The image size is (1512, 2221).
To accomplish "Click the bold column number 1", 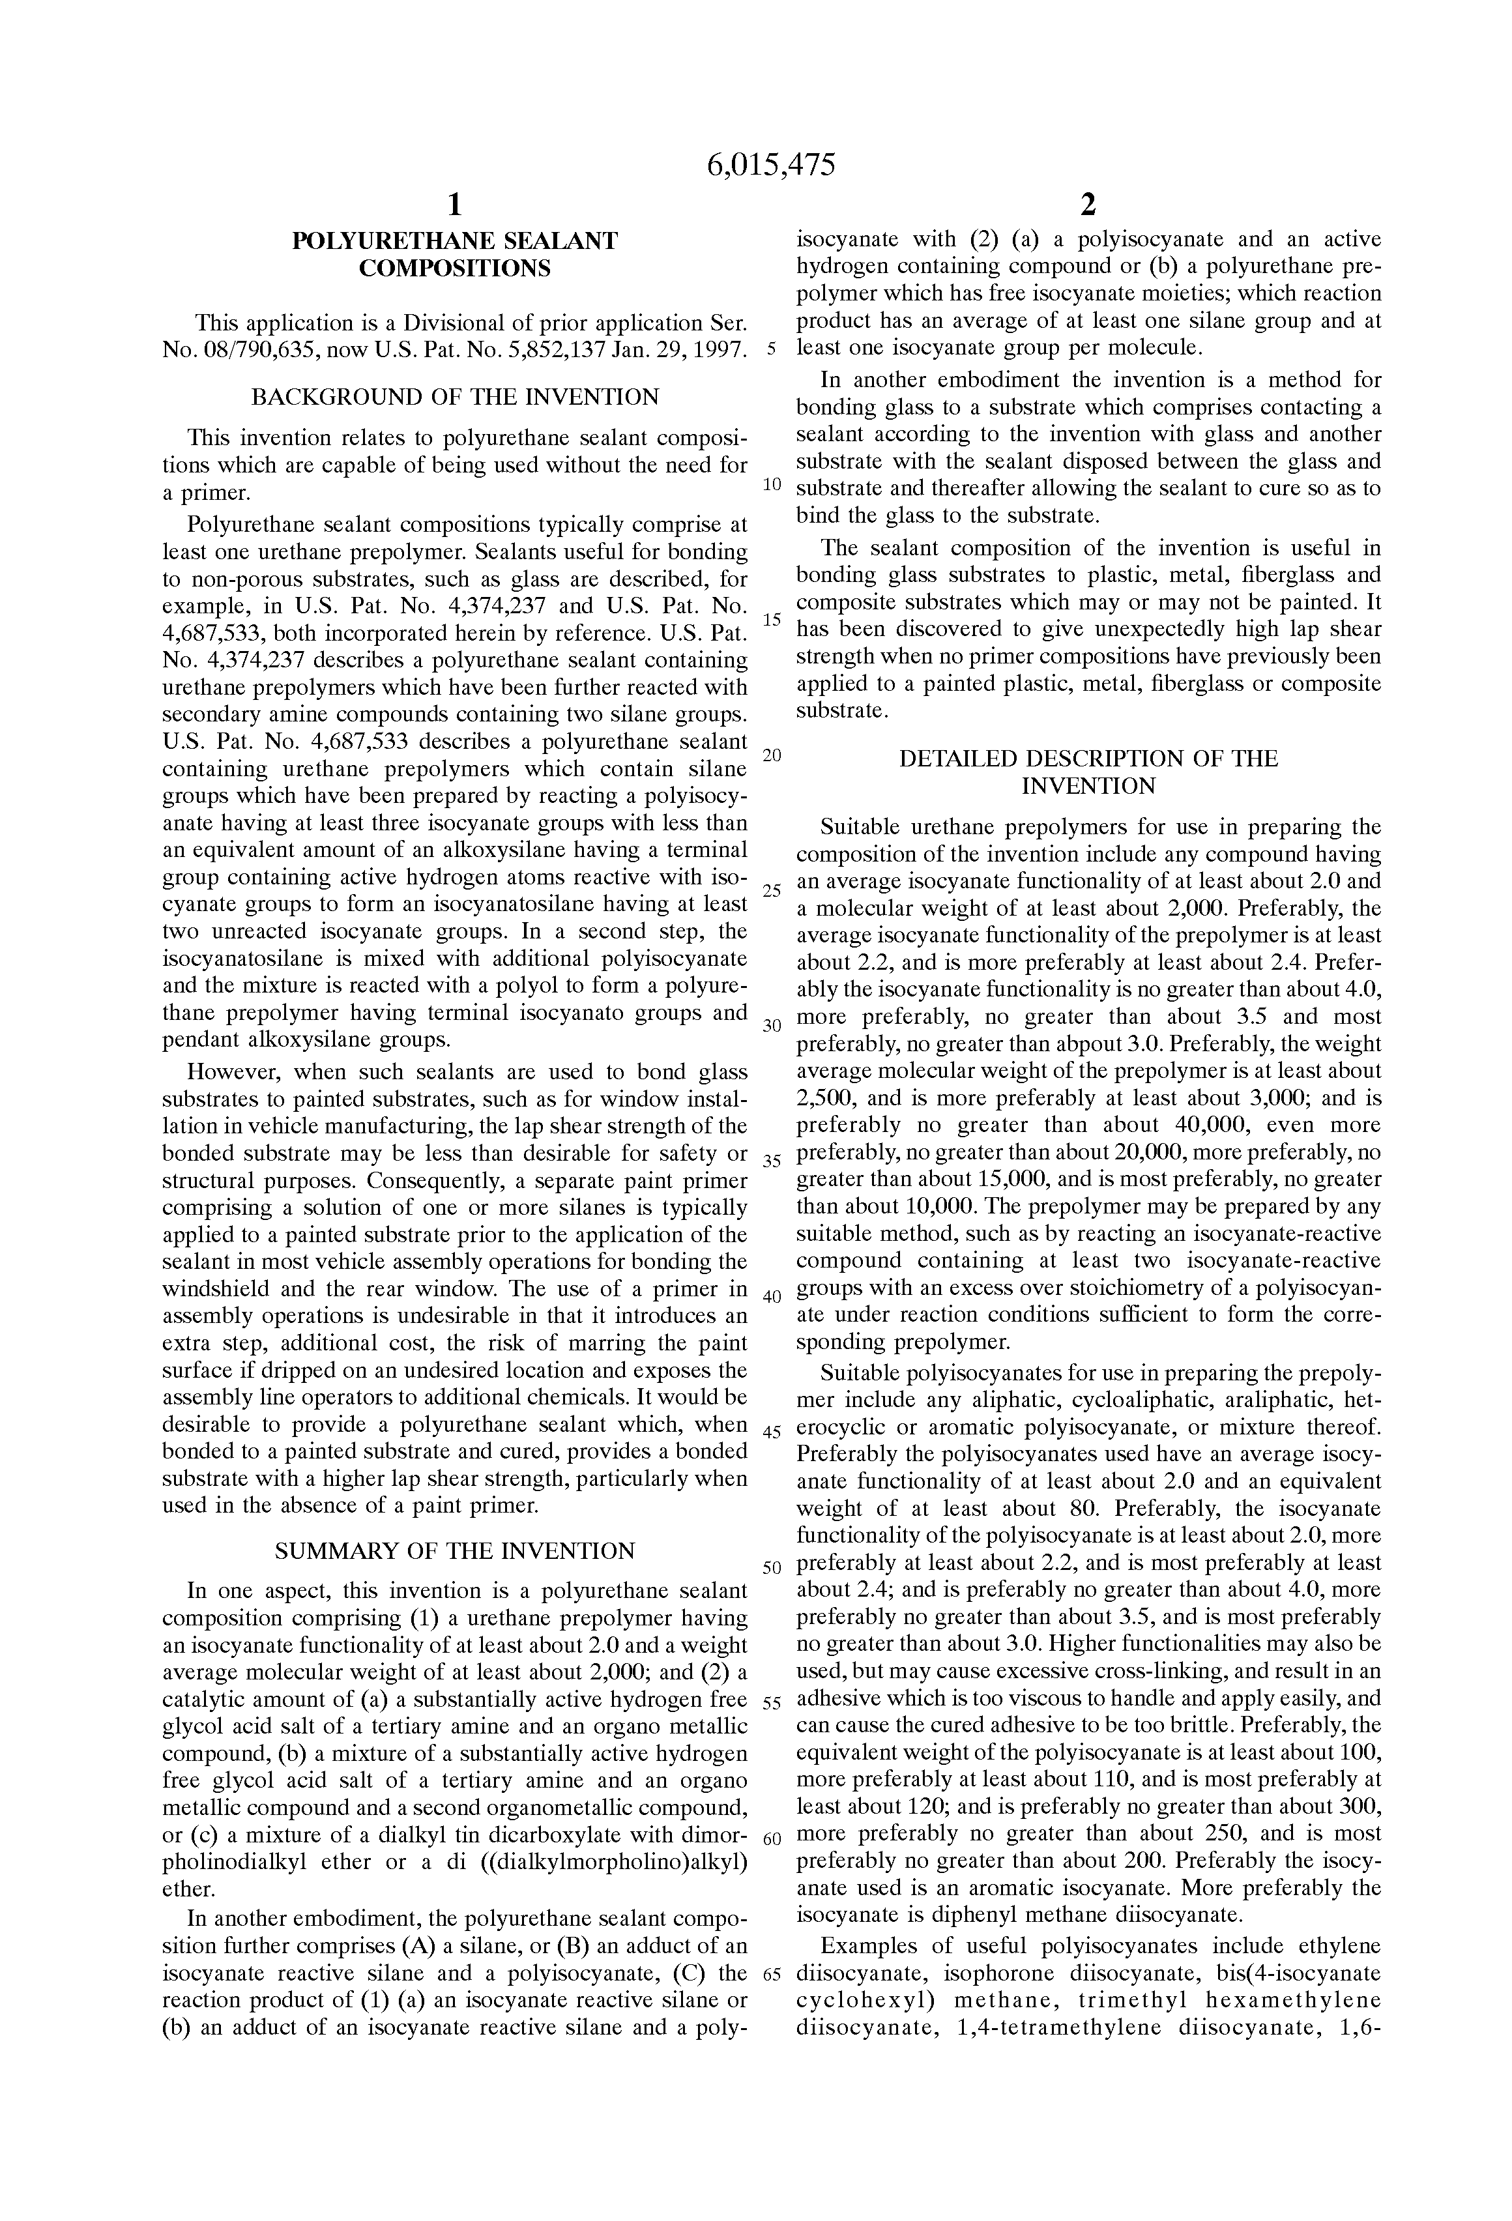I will (x=455, y=205).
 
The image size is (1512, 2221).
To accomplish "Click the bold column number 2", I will (x=1088, y=205).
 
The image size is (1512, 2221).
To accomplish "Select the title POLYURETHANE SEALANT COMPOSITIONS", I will (x=455, y=254).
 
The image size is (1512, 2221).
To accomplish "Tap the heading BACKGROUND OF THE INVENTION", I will (x=455, y=397).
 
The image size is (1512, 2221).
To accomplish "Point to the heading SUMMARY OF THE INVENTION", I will (x=455, y=1550).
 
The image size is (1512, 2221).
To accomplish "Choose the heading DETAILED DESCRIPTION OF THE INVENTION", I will (x=1088, y=772).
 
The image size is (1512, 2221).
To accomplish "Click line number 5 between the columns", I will (x=771, y=350).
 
